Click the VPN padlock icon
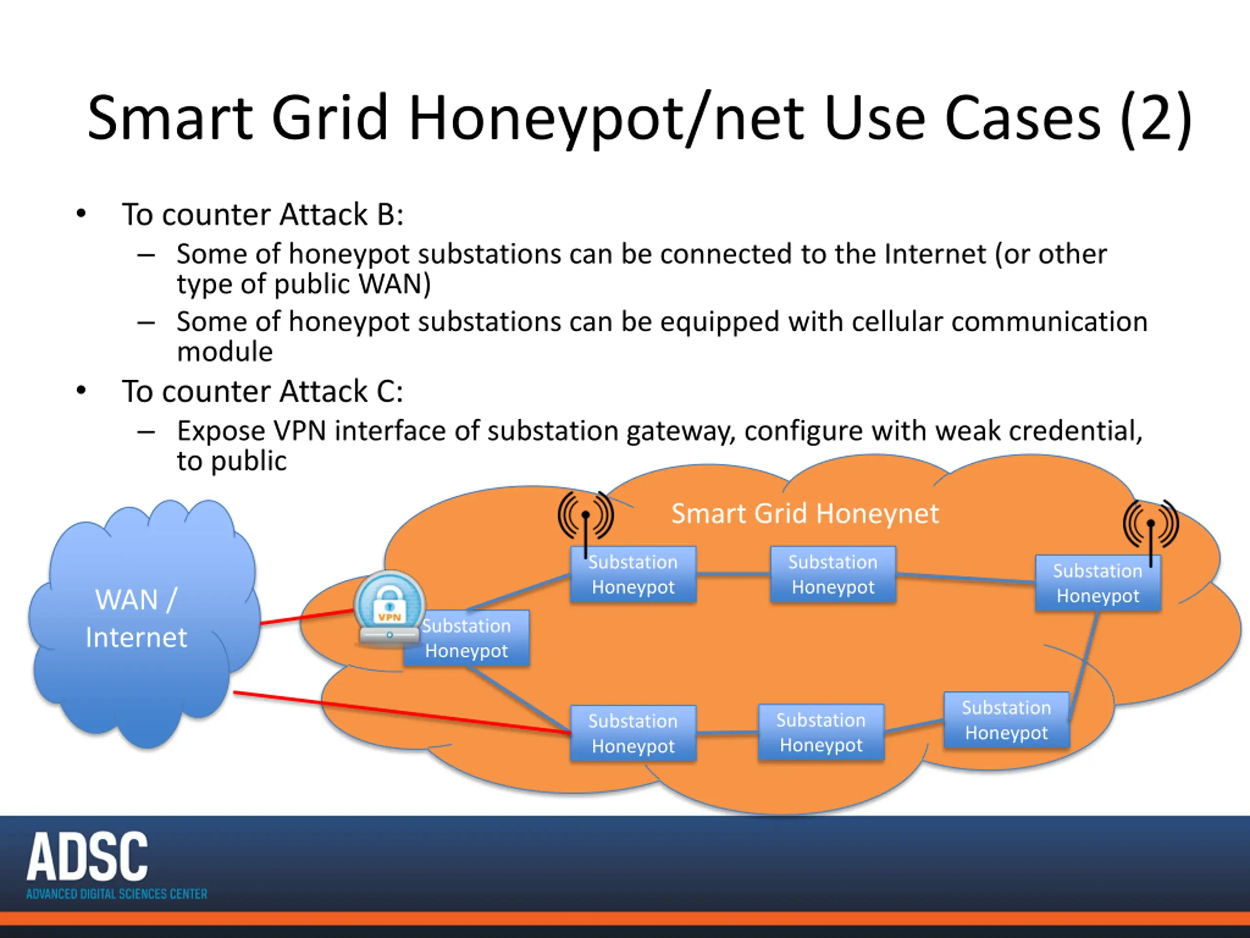389,608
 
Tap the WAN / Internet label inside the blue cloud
136,618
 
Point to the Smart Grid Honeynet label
805,513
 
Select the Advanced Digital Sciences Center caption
116,894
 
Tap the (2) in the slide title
1156,118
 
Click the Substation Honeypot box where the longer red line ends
633,733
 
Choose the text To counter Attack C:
263,391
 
